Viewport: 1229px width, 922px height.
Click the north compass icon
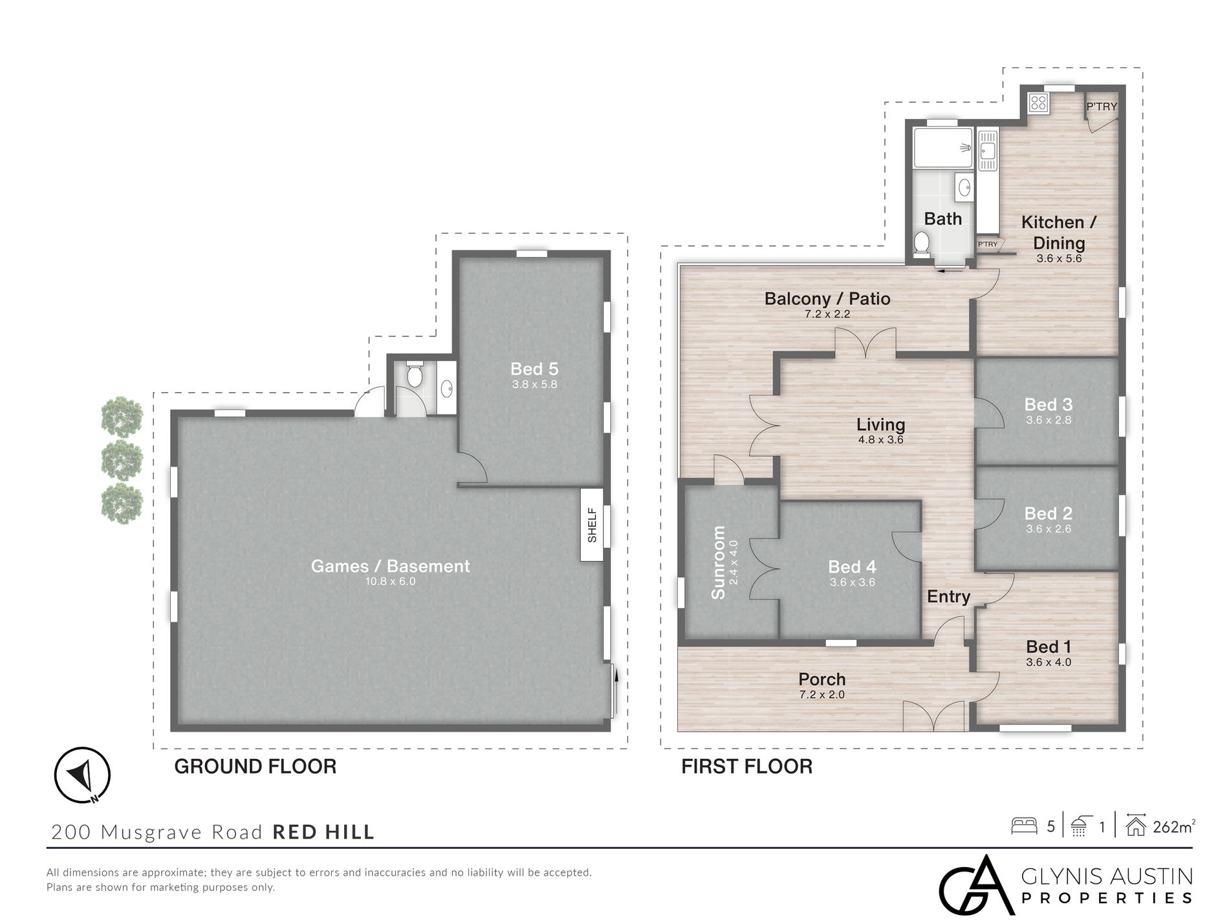coord(82,774)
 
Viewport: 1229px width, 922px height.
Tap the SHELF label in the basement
coord(592,525)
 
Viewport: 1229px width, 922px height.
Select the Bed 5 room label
coord(534,369)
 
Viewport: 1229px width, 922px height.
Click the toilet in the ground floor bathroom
coord(415,373)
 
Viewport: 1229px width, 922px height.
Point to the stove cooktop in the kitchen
coord(1038,102)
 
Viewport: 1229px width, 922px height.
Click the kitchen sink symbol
coord(987,151)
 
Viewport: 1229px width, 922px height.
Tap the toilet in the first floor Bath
coord(922,243)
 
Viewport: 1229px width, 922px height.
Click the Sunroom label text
coord(718,562)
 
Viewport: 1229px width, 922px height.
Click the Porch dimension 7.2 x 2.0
coord(822,695)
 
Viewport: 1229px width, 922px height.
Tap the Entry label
coord(948,597)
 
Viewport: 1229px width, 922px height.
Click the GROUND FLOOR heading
coord(256,767)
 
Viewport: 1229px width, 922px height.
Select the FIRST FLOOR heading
coord(746,767)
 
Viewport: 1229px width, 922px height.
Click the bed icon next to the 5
coord(1024,826)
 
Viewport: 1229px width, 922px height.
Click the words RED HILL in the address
coord(323,832)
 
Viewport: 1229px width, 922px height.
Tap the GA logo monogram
coord(975,885)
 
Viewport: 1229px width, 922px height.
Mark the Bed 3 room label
coord(1048,405)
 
